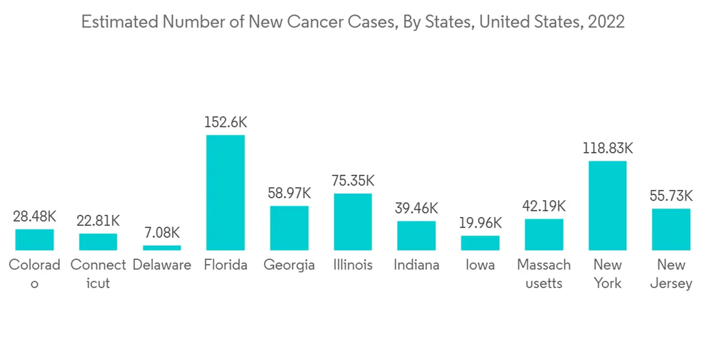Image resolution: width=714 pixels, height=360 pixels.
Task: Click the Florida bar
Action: click(226, 192)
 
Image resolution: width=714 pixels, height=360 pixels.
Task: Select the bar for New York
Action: click(608, 205)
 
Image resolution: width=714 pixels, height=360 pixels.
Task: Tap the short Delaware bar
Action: click(162, 248)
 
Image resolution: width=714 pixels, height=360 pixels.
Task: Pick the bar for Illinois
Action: click(353, 221)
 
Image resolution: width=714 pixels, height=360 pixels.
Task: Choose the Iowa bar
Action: click(481, 243)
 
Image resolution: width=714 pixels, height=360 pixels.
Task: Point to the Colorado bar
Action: click(34, 239)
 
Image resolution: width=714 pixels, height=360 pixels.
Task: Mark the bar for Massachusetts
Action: click(544, 234)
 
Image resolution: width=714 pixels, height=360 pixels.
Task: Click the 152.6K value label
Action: click(226, 122)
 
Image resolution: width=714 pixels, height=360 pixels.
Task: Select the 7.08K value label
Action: click(162, 233)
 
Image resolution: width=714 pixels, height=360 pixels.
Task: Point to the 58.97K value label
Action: click(289, 193)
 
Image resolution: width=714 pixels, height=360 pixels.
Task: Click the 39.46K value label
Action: click(416, 208)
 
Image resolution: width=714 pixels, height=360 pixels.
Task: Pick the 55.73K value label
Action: click(671, 196)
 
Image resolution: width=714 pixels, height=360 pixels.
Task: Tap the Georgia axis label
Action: click(289, 265)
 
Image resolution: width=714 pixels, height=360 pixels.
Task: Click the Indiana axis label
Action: click(416, 265)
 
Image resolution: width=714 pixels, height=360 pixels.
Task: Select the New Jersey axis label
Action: click(671, 274)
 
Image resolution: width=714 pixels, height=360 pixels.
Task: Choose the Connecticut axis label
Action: click(99, 274)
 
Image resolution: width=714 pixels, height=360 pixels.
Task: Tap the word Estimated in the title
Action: click(121, 22)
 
